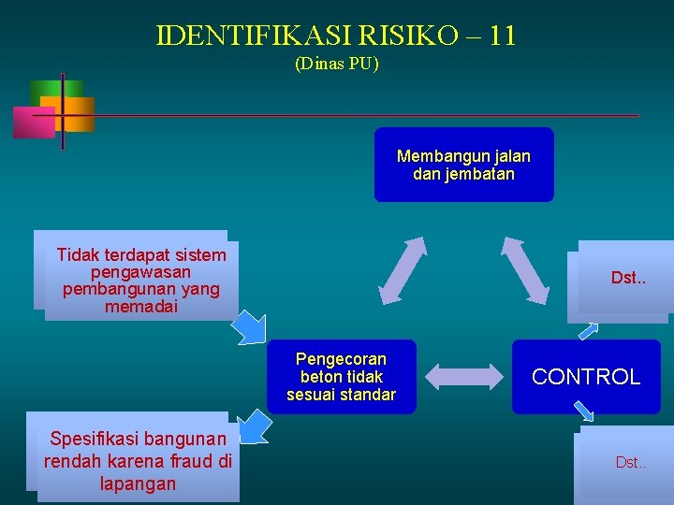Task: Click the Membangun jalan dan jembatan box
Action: tap(463, 165)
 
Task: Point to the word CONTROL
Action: tap(586, 377)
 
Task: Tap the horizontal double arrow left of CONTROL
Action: tap(464, 377)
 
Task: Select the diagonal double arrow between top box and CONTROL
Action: tap(525, 269)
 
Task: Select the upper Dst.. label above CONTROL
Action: tap(628, 278)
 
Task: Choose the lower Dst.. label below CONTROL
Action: tap(631, 462)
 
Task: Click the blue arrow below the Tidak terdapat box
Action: tap(250, 327)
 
